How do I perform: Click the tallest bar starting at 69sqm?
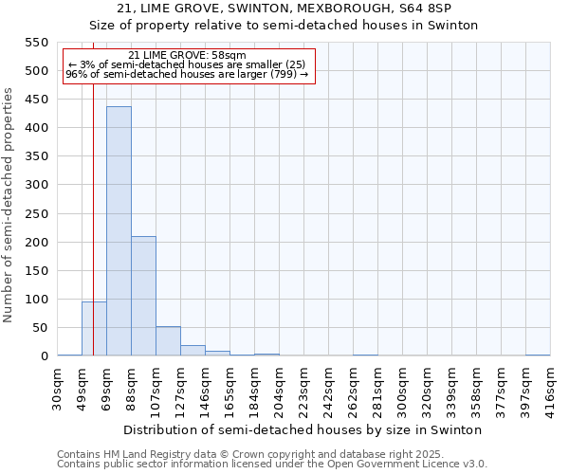coord(119,231)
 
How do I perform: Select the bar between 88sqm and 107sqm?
coord(143,296)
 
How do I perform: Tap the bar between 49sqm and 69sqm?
coord(94,329)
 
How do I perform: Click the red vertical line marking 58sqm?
coord(93,209)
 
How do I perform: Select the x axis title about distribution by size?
coord(303,429)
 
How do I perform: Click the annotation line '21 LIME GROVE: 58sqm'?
coord(187,55)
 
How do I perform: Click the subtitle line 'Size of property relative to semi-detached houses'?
coord(284,26)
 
